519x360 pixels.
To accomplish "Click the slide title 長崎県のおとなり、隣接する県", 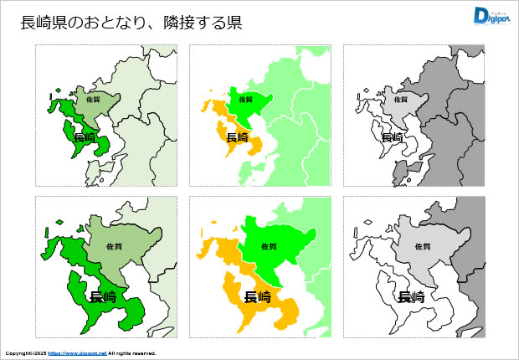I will [131, 23].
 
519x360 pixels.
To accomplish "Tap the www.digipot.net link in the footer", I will [77, 353].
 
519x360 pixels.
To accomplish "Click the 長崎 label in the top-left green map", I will [85, 137].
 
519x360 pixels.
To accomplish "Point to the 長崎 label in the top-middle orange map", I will [238, 137].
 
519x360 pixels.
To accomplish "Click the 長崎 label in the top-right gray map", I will [392, 137].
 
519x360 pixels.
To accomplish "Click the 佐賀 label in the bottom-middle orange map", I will [269, 247].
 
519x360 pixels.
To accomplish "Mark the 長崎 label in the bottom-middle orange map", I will [256, 296].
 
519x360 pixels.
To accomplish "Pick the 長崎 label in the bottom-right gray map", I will [410, 296].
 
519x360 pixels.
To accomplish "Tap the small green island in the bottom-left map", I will [59, 222].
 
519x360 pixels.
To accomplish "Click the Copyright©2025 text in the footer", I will [25, 353].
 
